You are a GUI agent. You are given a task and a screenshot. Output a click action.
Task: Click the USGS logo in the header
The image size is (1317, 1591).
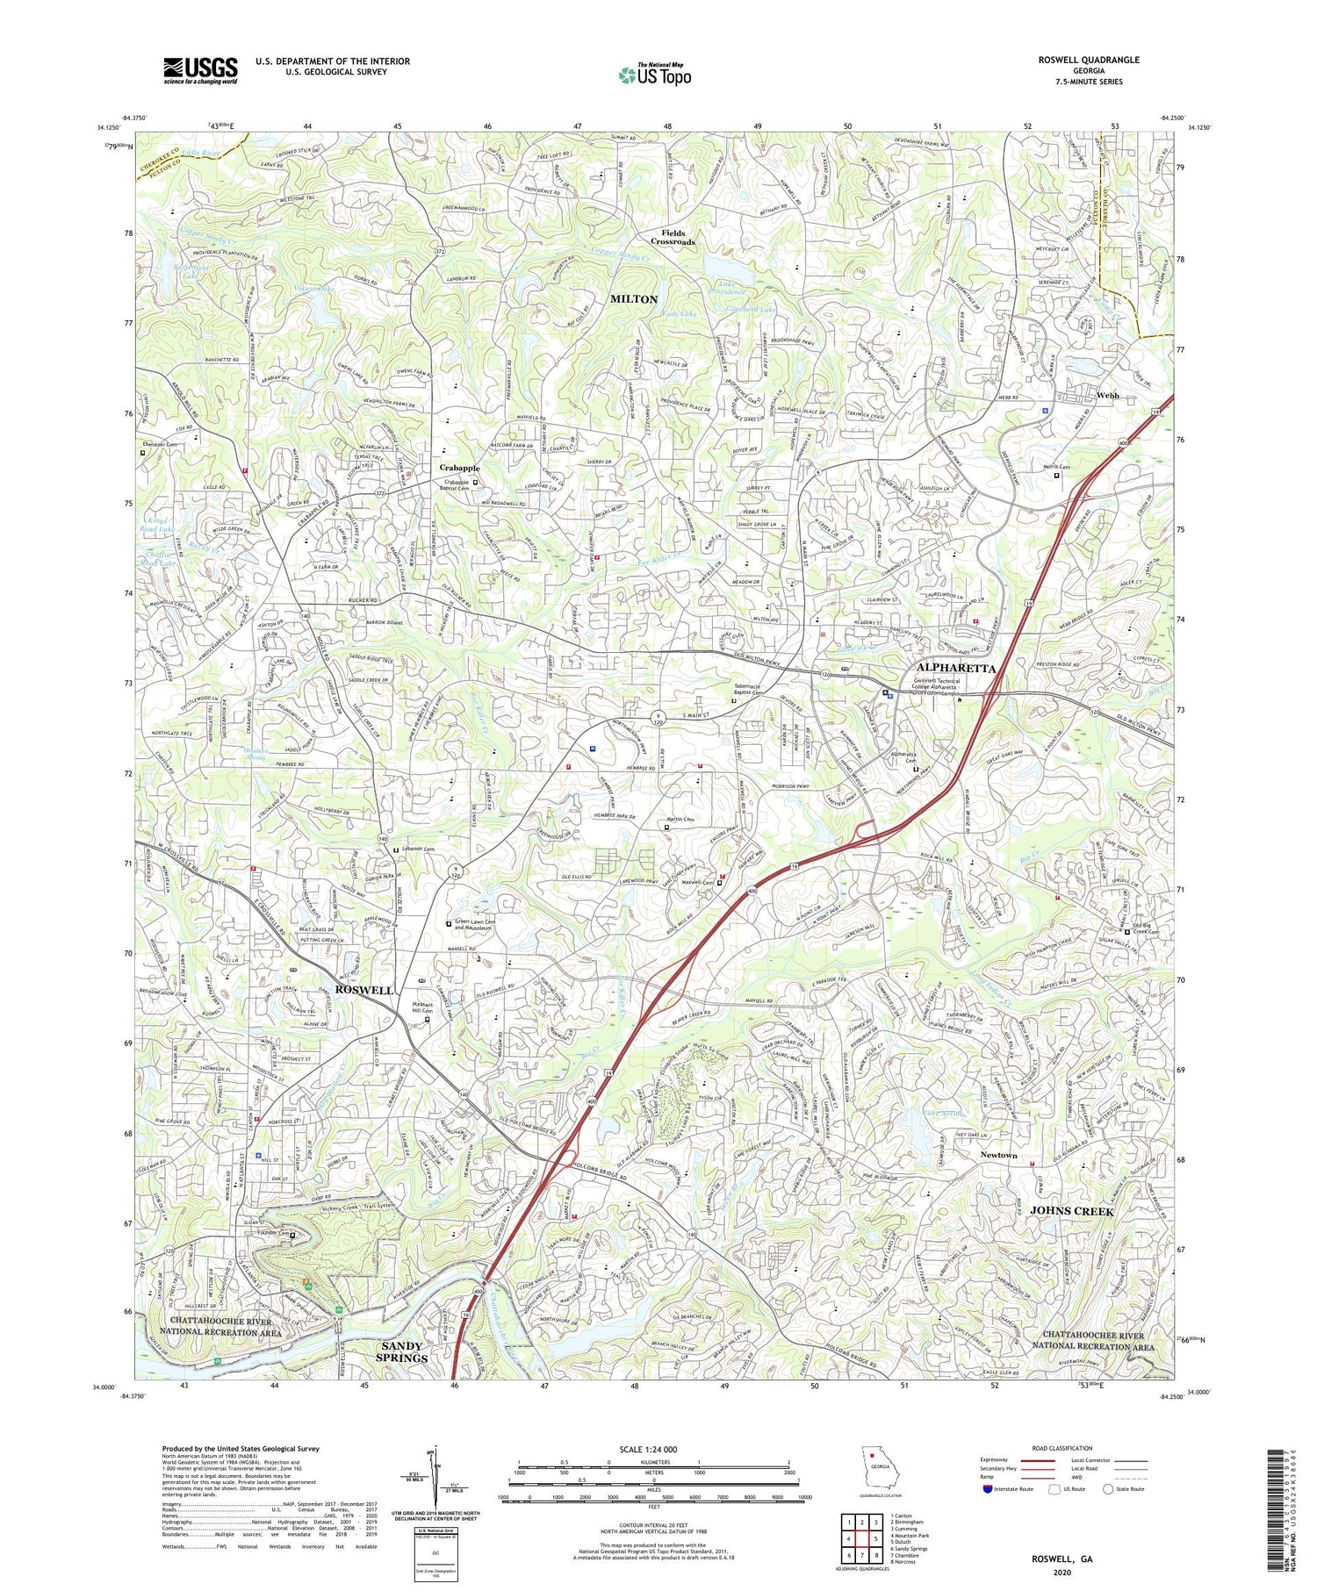[200, 70]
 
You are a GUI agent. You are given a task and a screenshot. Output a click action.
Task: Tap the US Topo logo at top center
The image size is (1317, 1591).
[654, 75]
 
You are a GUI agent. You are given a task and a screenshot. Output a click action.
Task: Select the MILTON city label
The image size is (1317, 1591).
[633, 299]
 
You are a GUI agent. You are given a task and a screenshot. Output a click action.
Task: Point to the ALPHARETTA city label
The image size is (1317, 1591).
[954, 668]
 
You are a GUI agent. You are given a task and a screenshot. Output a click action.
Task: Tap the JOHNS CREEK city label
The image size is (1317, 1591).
[1071, 1211]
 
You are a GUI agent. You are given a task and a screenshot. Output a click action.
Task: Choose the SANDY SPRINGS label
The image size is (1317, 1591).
[402, 1351]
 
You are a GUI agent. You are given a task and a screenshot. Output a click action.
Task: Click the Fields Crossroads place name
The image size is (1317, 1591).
[673, 237]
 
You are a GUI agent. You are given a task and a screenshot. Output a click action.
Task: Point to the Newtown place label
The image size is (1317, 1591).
[998, 1155]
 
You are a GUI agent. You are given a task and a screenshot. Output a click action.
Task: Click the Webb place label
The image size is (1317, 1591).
[1107, 396]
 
